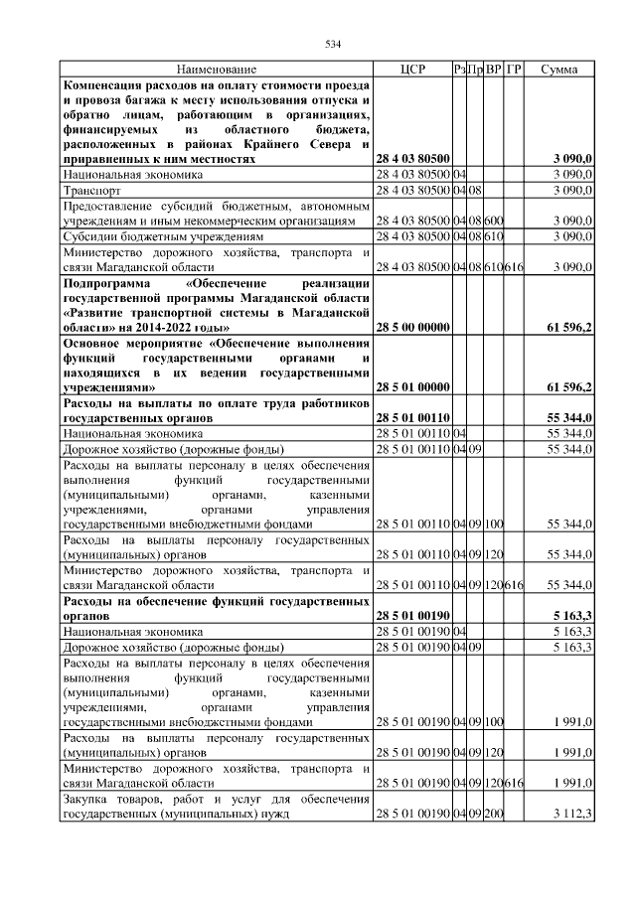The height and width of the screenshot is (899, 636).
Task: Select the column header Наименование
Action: tap(216, 70)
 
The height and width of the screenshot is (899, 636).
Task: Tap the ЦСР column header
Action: tap(411, 70)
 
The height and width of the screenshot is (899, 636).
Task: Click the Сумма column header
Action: tap(560, 70)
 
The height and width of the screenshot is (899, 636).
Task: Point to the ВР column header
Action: tap(494, 70)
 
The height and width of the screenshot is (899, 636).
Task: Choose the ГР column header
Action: tap(514, 70)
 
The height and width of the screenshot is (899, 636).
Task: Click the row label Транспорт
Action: tap(90, 189)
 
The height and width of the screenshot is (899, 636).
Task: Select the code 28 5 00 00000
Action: tap(412, 326)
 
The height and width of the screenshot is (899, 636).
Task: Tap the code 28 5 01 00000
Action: tap(412, 386)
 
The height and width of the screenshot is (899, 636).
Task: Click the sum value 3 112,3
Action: tap(573, 815)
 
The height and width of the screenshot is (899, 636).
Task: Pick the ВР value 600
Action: tap(494, 220)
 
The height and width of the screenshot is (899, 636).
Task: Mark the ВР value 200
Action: tap(494, 815)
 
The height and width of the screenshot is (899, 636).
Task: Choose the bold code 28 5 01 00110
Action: tap(412, 420)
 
